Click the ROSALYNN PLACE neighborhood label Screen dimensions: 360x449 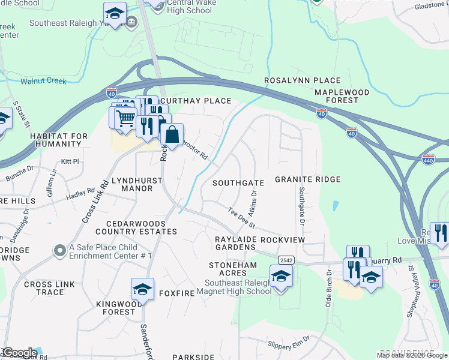click(303, 80)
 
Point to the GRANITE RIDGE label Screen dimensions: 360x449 click(308, 179)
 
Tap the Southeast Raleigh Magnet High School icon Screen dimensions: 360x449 click(280, 277)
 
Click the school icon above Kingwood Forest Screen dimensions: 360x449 click(142, 289)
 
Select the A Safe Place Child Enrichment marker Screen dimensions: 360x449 click(59, 250)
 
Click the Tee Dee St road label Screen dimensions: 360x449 click(242, 218)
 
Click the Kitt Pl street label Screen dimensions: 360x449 click(70, 162)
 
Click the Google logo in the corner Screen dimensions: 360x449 click(19, 353)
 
